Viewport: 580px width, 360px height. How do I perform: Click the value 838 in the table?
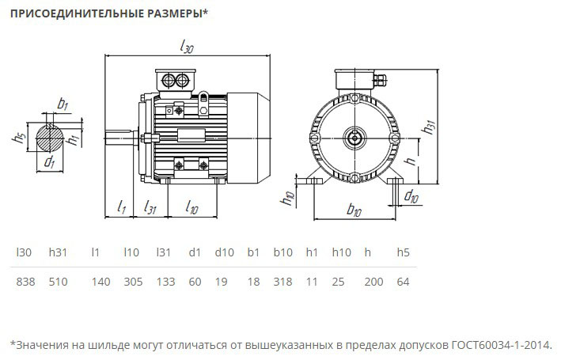click(25, 282)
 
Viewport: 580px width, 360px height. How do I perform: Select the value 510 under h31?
click(59, 282)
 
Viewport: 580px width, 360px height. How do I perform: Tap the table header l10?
click(131, 252)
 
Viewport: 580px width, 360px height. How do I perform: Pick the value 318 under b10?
click(282, 282)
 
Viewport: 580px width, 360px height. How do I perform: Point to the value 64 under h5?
click(403, 282)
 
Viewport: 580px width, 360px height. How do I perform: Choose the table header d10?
click(224, 252)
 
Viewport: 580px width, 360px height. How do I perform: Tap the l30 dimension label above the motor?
click(187, 47)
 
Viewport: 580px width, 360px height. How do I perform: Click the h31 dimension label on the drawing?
click(427, 127)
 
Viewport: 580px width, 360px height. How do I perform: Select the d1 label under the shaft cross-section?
click(49, 162)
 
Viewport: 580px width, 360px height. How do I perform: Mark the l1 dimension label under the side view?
click(121, 207)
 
